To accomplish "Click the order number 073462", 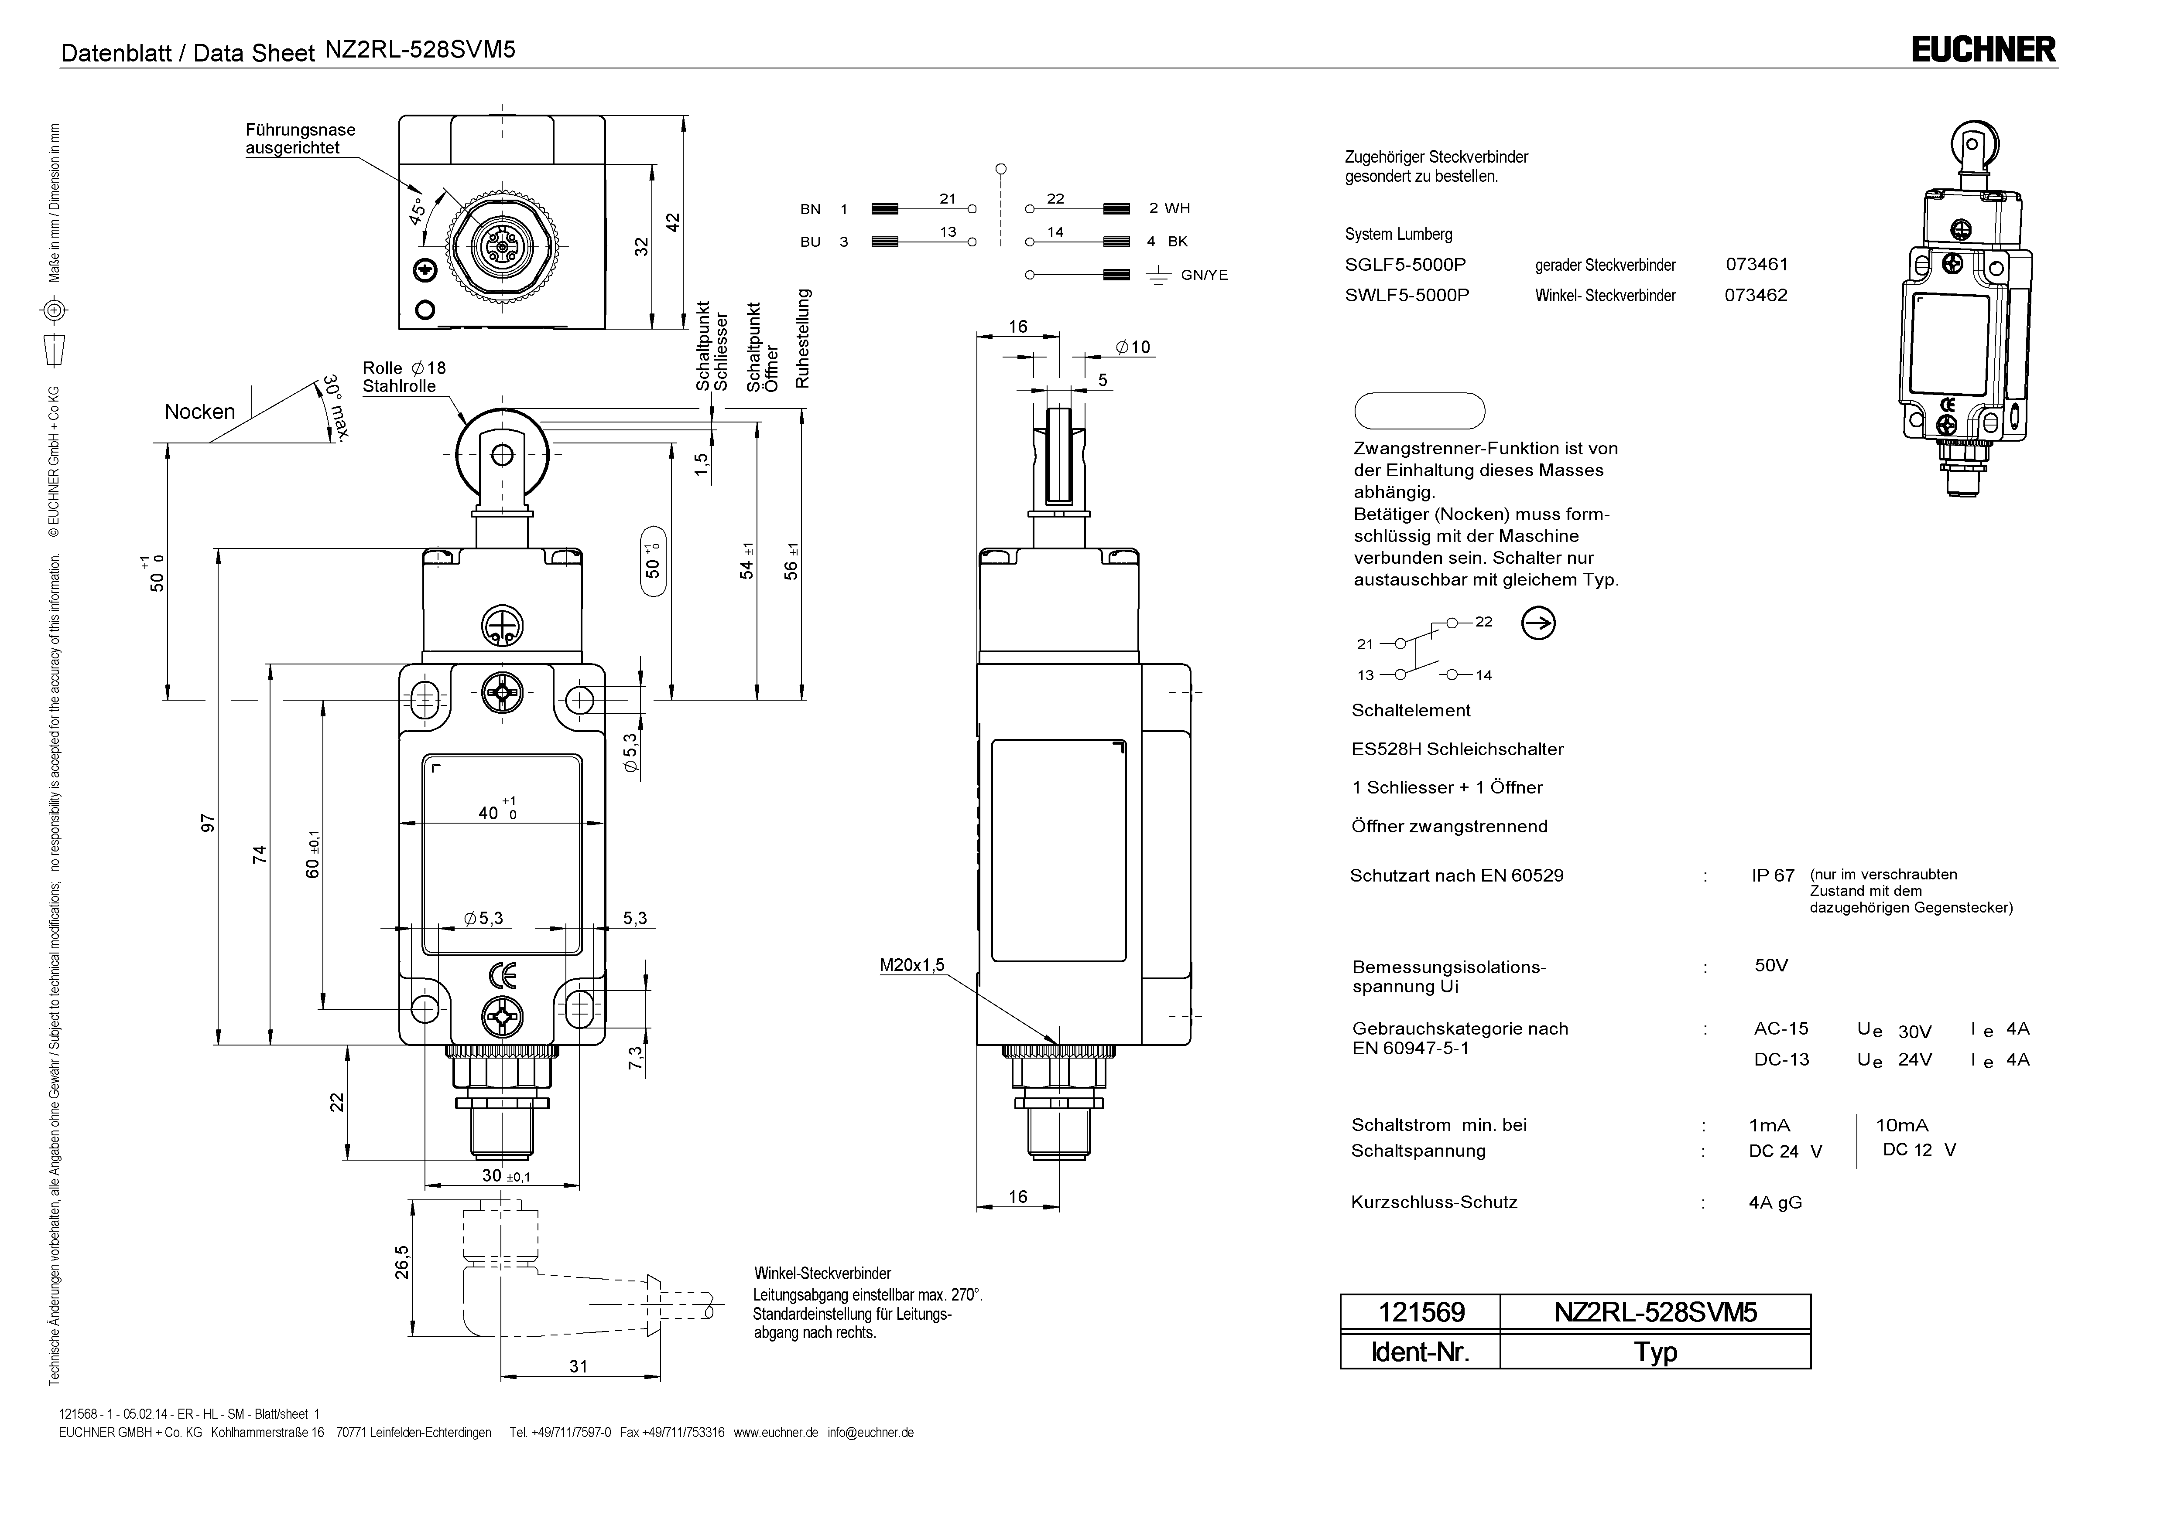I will [1756, 295].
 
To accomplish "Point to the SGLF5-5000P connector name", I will [1405, 265].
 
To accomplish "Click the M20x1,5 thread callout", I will [911, 965].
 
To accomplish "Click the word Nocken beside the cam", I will [200, 412].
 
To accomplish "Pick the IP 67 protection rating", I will [1773, 875].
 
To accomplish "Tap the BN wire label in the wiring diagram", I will [811, 209].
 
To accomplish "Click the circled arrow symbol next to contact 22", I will [1538, 623].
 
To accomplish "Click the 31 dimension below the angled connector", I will [579, 1366].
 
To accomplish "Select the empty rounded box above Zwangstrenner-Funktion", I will [1419, 411].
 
